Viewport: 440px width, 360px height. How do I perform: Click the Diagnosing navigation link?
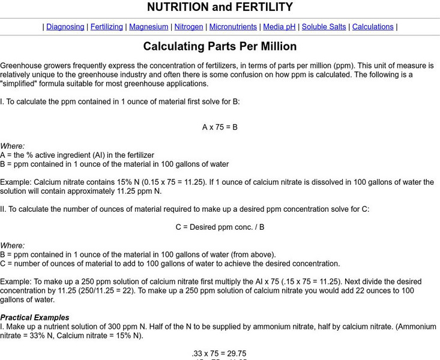65,27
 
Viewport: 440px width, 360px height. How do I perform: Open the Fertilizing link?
107,27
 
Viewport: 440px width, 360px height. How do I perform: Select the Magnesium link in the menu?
149,27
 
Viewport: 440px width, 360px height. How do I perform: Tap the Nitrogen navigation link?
188,27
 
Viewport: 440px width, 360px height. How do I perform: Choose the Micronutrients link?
233,27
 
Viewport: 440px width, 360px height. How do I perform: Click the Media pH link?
279,27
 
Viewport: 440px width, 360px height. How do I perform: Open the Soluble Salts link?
324,27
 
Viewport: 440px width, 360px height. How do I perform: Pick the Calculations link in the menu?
373,27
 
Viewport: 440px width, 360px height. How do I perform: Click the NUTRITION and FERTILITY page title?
220,7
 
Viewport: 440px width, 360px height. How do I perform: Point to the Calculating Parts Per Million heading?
220,46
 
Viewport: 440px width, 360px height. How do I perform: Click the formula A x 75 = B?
220,127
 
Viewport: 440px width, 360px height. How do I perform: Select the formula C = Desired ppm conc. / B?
220,227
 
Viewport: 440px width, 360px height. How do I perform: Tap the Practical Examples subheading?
35,317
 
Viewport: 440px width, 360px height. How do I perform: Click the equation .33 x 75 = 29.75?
219,353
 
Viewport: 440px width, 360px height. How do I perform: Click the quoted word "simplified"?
23,84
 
